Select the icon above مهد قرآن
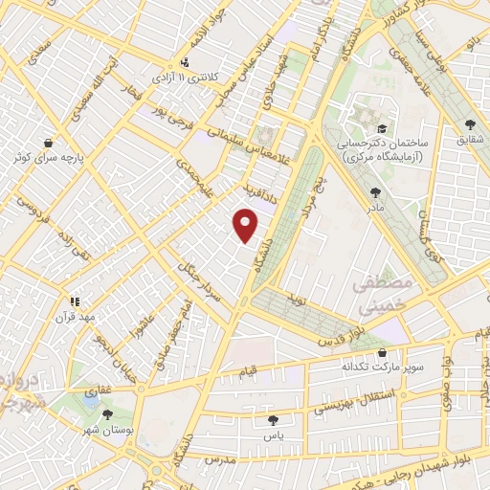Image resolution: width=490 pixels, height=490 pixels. [75, 301]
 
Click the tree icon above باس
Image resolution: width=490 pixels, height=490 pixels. [275, 419]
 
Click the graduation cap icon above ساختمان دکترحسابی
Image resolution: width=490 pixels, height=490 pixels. [382, 127]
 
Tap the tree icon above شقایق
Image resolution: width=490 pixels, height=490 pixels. [469, 124]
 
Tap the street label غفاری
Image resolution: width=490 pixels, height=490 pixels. [100, 390]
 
